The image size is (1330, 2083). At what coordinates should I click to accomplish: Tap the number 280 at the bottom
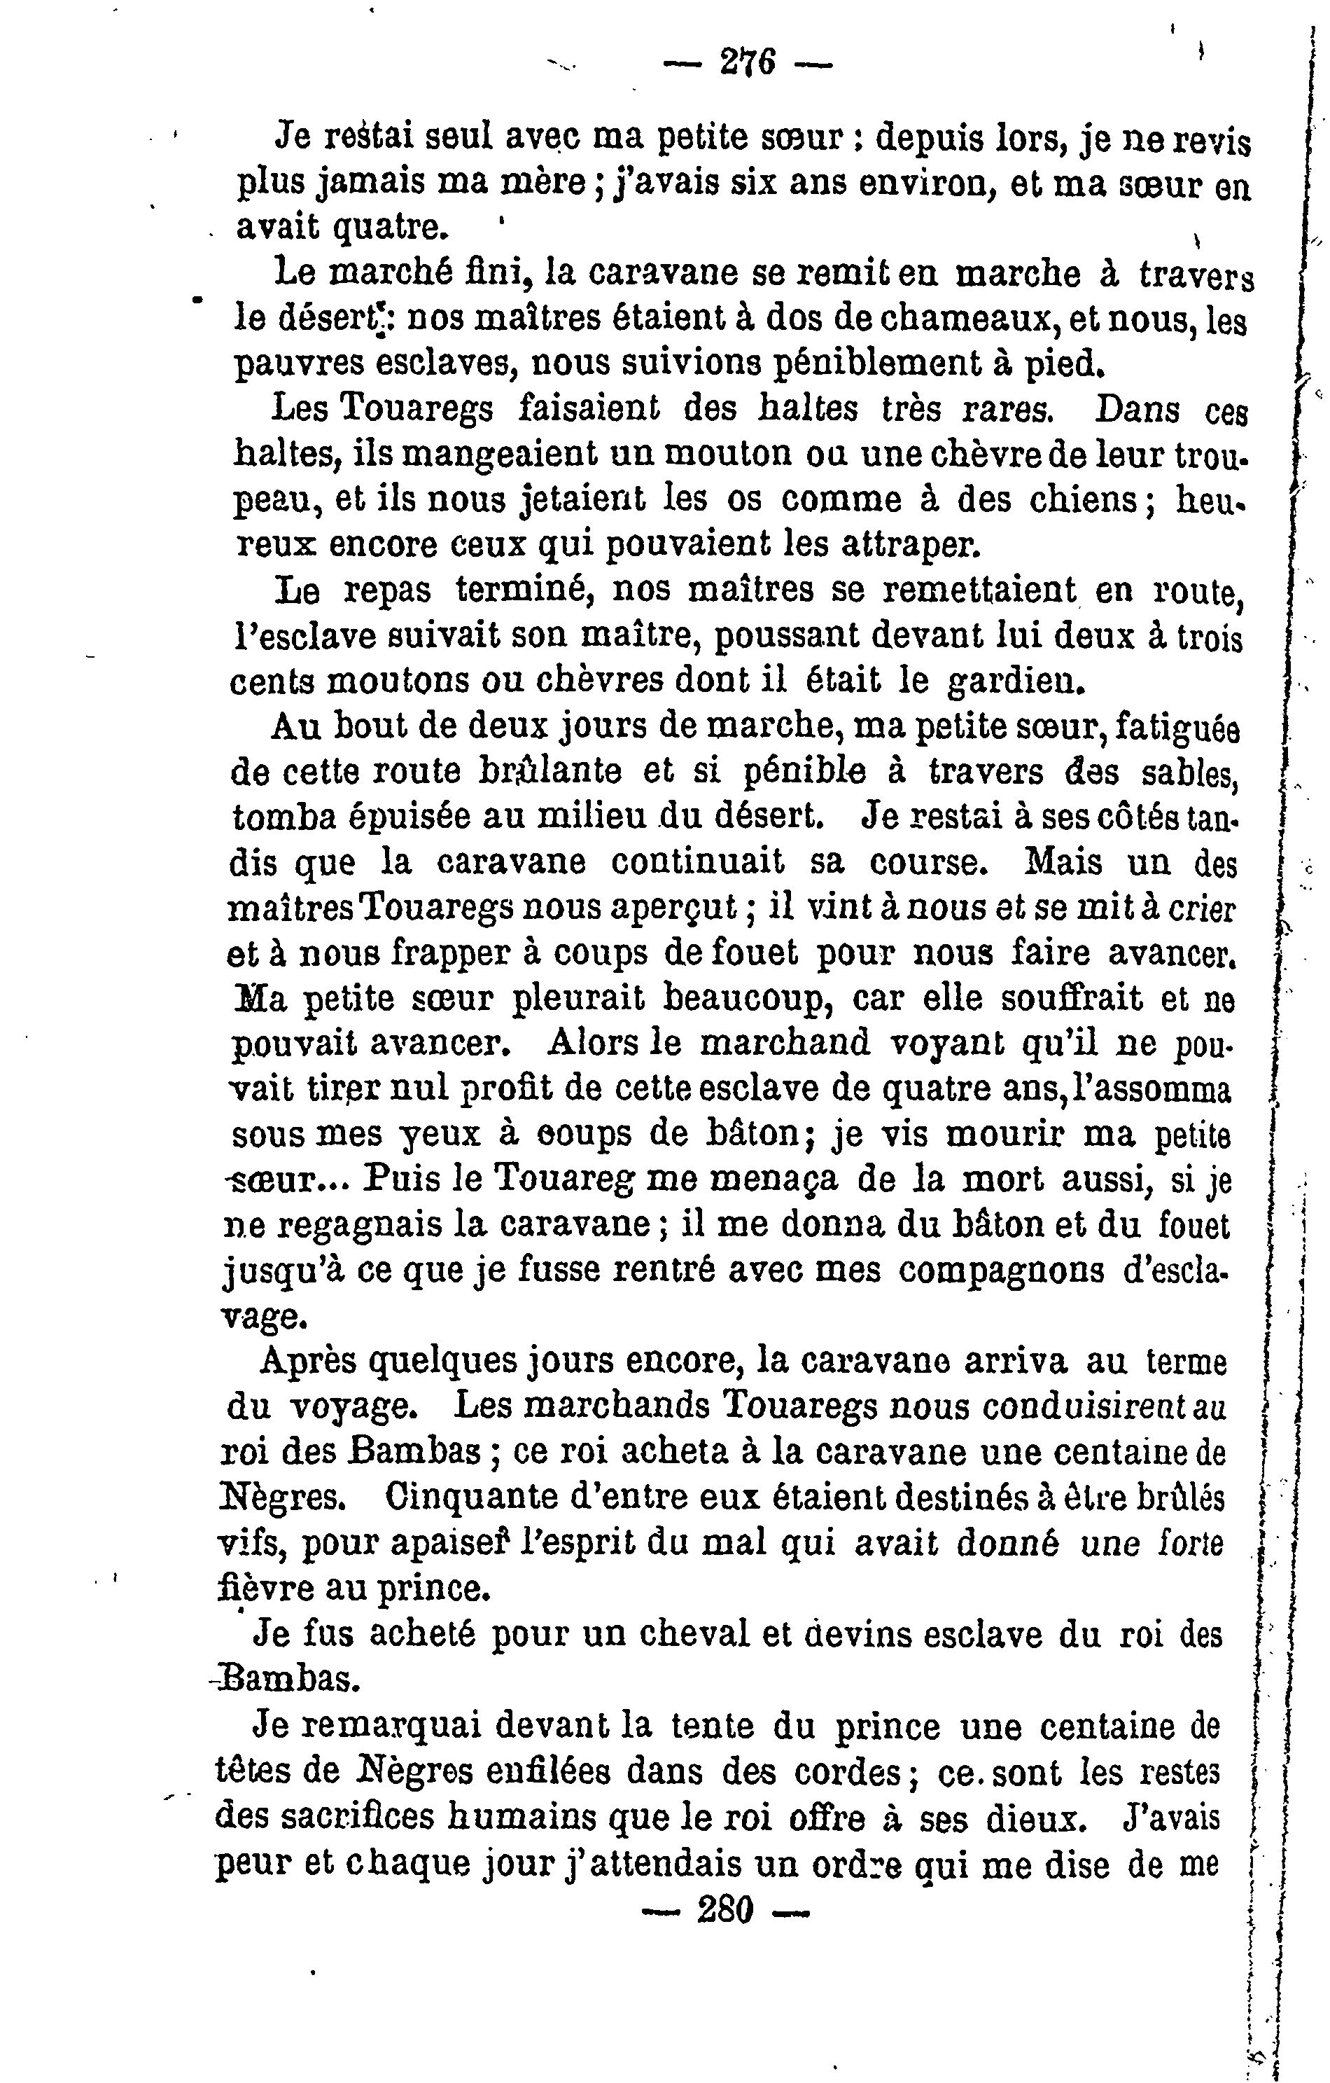[x=724, y=1909]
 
